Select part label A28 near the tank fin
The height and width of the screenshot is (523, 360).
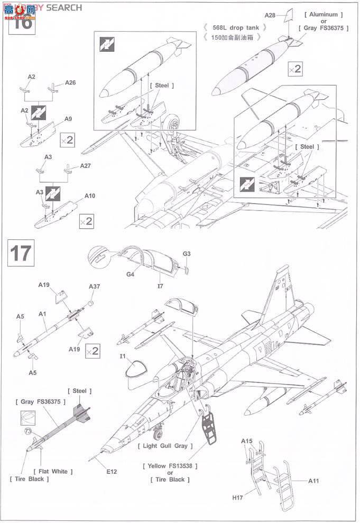tap(270, 16)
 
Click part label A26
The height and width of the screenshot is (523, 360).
tap(70, 83)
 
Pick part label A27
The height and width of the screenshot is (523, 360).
tap(86, 165)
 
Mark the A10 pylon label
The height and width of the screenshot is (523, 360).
tap(89, 195)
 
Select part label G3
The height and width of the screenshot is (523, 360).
tap(187, 254)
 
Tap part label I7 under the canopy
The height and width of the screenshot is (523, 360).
tap(160, 285)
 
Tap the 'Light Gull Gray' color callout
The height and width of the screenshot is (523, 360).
tap(165, 445)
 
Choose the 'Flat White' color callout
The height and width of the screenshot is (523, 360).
tap(53, 471)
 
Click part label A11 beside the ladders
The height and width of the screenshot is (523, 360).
tap(315, 481)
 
